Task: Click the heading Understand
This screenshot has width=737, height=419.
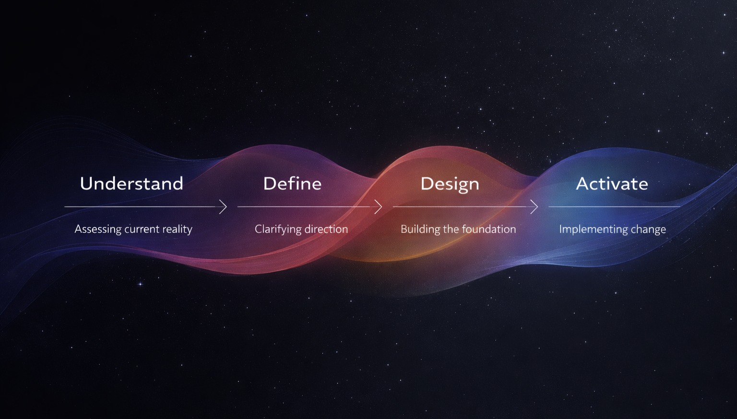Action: click(x=131, y=184)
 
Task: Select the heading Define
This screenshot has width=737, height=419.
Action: click(x=292, y=184)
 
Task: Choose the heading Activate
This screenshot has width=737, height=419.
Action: click(x=612, y=184)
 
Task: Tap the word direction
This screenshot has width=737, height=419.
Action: click(x=326, y=229)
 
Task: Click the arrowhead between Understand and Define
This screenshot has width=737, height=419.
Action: click(x=223, y=207)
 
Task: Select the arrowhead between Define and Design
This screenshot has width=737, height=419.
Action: click(x=379, y=207)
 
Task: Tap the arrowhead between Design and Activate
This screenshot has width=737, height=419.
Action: click(x=534, y=207)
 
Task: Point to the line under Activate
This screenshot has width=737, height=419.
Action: click(x=614, y=207)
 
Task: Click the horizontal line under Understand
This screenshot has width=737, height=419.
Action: click(x=139, y=207)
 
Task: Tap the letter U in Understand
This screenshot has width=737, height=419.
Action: click(x=86, y=184)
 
